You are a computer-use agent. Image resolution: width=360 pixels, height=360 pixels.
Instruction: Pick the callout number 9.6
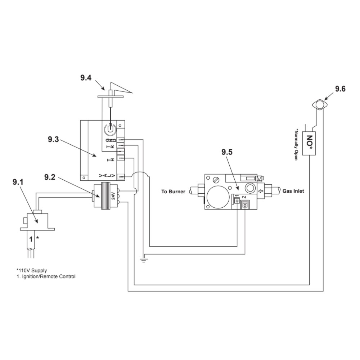340,89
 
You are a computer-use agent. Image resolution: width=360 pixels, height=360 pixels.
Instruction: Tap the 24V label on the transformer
113,196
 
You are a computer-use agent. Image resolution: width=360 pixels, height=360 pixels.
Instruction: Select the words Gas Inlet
293,191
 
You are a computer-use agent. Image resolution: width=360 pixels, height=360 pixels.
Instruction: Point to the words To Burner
173,192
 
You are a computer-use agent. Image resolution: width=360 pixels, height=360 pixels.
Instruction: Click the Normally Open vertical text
297,144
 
